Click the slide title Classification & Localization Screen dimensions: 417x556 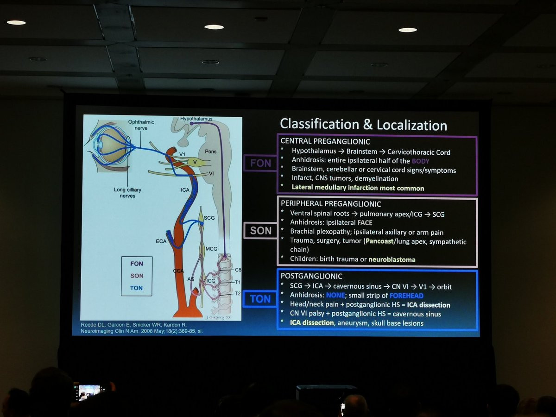(363, 125)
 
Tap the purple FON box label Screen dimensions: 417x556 (260, 163)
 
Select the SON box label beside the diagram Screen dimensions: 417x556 (260, 230)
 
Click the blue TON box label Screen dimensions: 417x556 (260, 299)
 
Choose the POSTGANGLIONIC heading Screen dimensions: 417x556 (308, 276)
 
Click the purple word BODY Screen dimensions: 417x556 (421, 161)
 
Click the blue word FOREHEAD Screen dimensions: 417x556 (406, 296)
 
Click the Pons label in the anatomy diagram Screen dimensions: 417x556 (211, 152)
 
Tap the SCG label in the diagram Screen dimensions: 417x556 (209, 218)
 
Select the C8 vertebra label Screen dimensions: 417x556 (238, 270)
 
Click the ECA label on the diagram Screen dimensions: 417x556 (161, 241)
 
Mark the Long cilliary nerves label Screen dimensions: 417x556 (127, 193)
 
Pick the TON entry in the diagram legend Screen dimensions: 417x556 (137, 288)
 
